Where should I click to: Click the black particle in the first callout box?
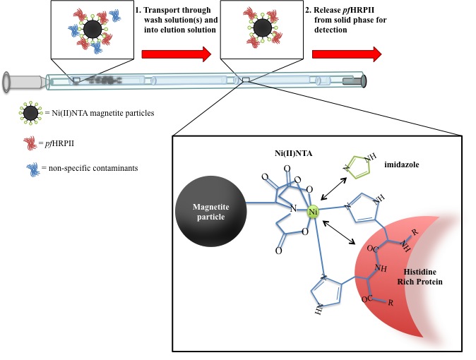click(92, 29)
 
